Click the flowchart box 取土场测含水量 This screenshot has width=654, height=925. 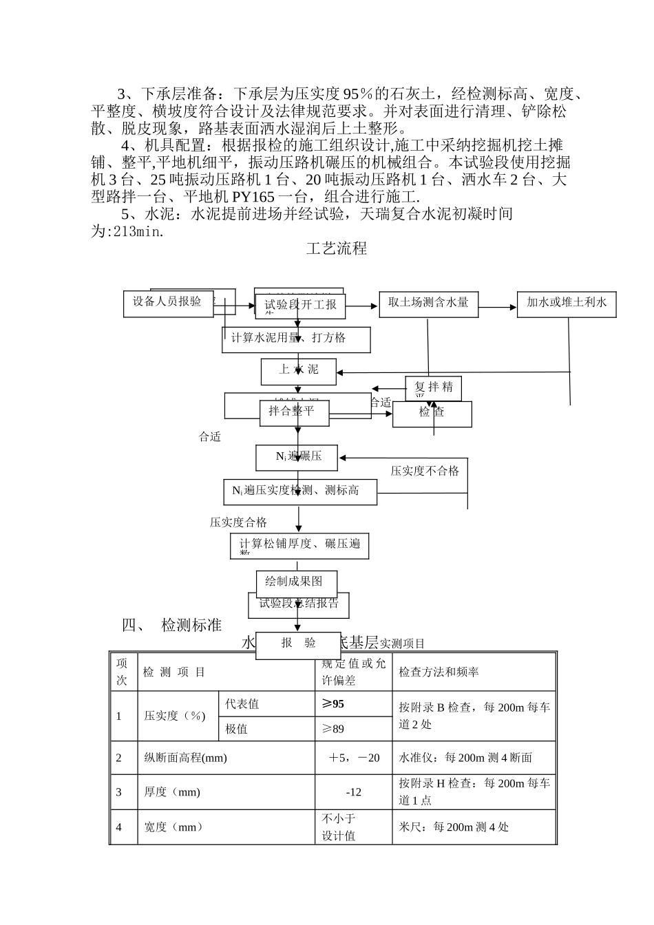(428, 303)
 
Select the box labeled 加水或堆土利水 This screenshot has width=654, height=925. (566, 303)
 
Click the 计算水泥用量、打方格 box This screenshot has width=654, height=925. (296, 339)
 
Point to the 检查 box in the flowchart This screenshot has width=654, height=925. (432, 413)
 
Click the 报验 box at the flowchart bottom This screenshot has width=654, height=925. (298, 644)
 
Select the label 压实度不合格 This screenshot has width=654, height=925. (425, 471)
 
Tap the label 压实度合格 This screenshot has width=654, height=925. (238, 523)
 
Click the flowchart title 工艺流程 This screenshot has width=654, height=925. (337, 249)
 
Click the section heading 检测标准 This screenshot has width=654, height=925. (191, 626)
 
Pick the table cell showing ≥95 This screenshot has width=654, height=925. (333, 704)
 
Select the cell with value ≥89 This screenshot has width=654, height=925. (333, 729)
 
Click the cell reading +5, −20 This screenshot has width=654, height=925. (354, 758)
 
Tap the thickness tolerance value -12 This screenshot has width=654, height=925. (354, 792)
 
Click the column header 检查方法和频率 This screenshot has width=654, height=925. (439, 672)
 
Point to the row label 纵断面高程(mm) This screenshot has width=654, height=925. (185, 758)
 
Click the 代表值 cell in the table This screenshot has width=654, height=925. (242, 704)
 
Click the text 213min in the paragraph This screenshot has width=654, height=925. (137, 232)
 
